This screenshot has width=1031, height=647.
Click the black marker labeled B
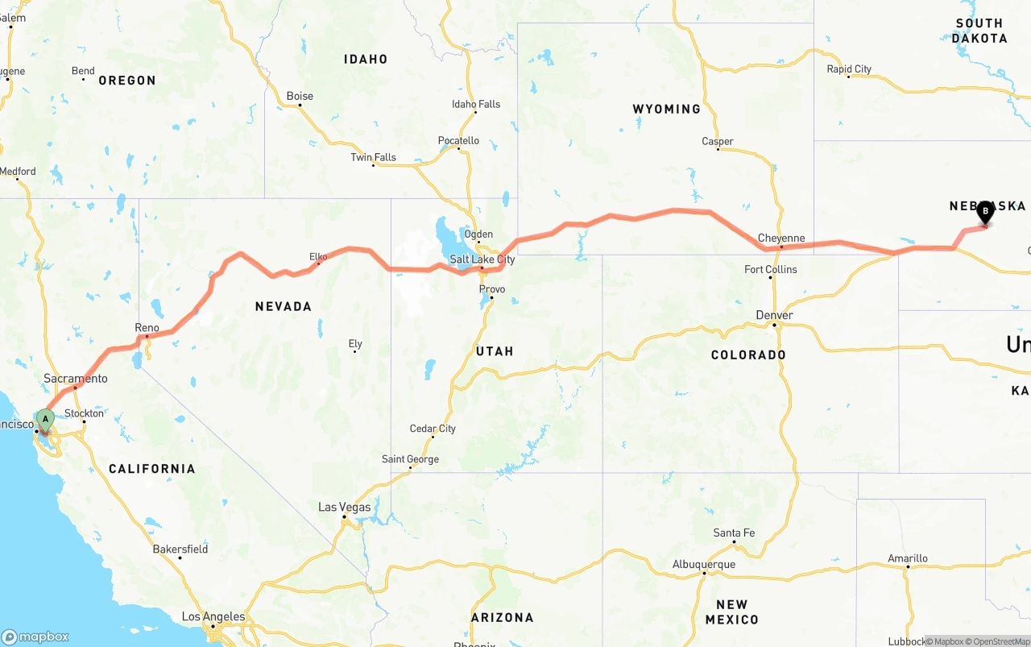[x=984, y=212]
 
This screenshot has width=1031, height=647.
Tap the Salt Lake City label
[x=482, y=259]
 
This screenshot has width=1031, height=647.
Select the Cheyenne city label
[x=781, y=238]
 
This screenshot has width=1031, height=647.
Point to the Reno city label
[x=147, y=328]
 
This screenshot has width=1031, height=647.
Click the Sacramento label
[x=75, y=379]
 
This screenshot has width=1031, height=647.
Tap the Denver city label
[x=775, y=315]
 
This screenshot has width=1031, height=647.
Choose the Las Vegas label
[x=345, y=507]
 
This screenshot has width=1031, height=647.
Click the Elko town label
[x=318, y=257]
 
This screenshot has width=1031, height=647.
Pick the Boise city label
[x=300, y=96]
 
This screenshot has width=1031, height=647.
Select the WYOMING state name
[x=666, y=109]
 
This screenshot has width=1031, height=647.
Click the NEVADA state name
[x=283, y=306]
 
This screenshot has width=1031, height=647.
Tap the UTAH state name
[x=495, y=351]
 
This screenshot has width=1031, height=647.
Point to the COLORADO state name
[x=748, y=355]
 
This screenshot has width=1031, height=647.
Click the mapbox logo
[x=35, y=637]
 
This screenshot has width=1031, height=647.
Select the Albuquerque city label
[x=704, y=564]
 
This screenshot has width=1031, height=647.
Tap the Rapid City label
[x=849, y=69]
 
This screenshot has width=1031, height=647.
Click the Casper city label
[x=717, y=141]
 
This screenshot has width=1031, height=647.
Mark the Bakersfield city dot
[x=180, y=558]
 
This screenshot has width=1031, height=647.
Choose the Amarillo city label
[x=908, y=558]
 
